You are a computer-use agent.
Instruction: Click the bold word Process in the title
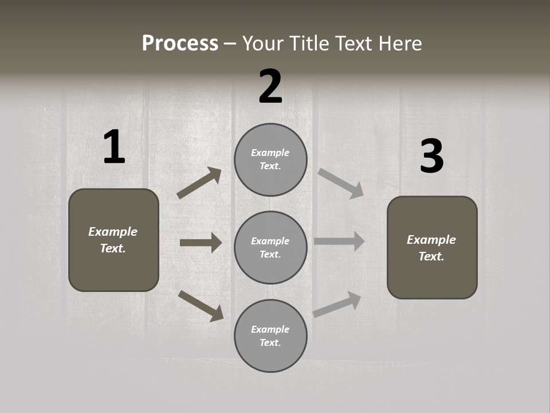[x=180, y=44]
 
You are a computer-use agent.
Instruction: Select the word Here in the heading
[x=399, y=44]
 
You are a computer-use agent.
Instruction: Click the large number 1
[x=114, y=147]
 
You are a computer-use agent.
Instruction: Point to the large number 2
[x=270, y=87]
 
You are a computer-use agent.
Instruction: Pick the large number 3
[x=431, y=157]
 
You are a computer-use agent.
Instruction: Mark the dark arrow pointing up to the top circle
[x=199, y=183]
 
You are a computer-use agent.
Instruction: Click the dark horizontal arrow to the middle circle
[x=201, y=243]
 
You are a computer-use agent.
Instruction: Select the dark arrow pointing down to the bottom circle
[x=201, y=306]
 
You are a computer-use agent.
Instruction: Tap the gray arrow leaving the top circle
[x=341, y=183]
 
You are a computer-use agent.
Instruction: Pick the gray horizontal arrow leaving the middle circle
[x=339, y=241]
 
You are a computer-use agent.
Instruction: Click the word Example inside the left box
[x=113, y=232]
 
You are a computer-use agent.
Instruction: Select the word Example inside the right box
[x=431, y=240]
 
